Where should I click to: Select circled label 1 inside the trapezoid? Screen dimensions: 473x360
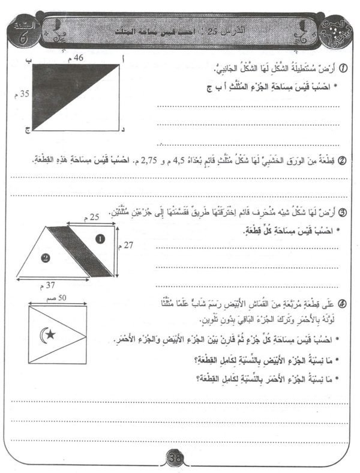click(x=100, y=238)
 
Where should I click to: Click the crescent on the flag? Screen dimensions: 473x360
click(x=43, y=334)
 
